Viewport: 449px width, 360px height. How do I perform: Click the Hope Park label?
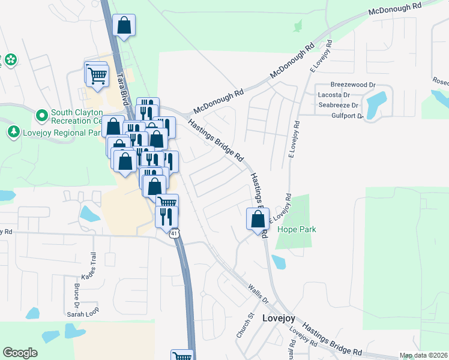tap(296, 229)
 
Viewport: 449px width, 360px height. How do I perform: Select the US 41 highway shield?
tap(174, 233)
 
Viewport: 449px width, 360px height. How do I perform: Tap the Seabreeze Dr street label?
tap(338, 105)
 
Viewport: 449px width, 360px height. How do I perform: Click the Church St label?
tap(244, 325)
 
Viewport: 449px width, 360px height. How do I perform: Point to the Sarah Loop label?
tap(82, 314)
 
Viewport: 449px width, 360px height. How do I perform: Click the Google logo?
tap(20, 353)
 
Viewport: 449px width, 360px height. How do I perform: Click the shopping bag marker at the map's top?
tap(124, 26)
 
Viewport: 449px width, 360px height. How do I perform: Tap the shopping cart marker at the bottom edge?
tap(182, 355)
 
